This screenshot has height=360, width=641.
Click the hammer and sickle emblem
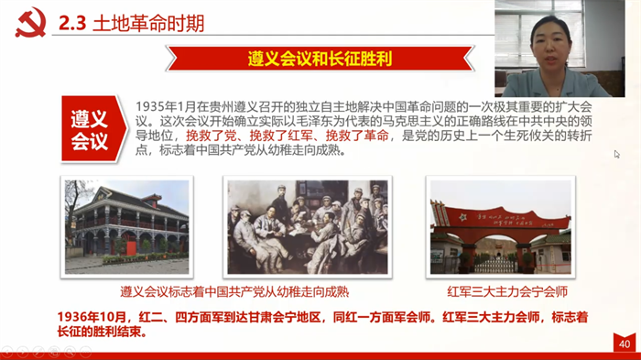click(x=30, y=22)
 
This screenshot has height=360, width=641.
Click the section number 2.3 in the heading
click(x=72, y=23)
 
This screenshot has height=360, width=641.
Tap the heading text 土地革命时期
click(x=148, y=23)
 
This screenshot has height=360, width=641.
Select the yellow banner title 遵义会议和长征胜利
click(x=320, y=59)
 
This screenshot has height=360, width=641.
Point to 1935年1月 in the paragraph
click(x=166, y=106)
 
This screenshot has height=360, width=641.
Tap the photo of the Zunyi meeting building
click(x=126, y=227)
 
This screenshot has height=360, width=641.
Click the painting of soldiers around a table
click(x=308, y=227)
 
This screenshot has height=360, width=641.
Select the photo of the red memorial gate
click(x=500, y=227)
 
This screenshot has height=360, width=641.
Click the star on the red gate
click(x=462, y=217)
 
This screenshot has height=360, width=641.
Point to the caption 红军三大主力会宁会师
click(x=507, y=291)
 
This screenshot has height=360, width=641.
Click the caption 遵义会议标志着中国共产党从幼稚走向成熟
click(x=234, y=291)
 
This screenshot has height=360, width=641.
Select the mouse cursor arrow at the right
click(x=617, y=154)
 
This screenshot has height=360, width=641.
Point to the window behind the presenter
click(x=539, y=33)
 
